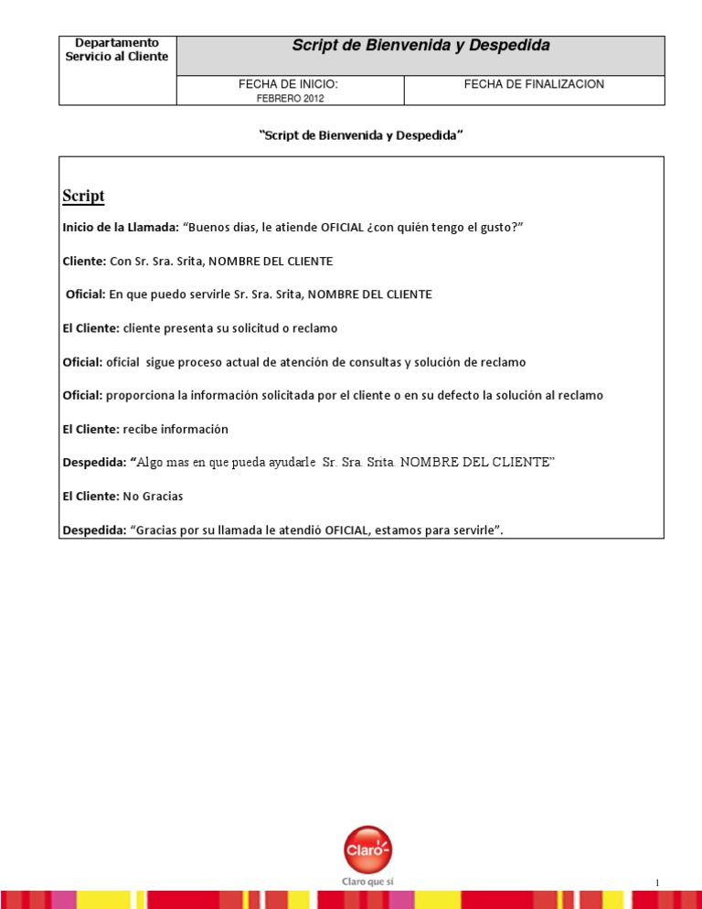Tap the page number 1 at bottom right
(657, 882)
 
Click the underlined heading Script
(83, 196)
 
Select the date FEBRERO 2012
(290, 98)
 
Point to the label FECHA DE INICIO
(289, 84)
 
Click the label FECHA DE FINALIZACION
(534, 84)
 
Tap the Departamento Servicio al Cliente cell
(117, 49)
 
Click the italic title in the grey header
(420, 46)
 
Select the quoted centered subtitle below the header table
(362, 135)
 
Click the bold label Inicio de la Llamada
(120, 227)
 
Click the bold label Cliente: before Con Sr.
(84, 261)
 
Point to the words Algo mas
(162, 463)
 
